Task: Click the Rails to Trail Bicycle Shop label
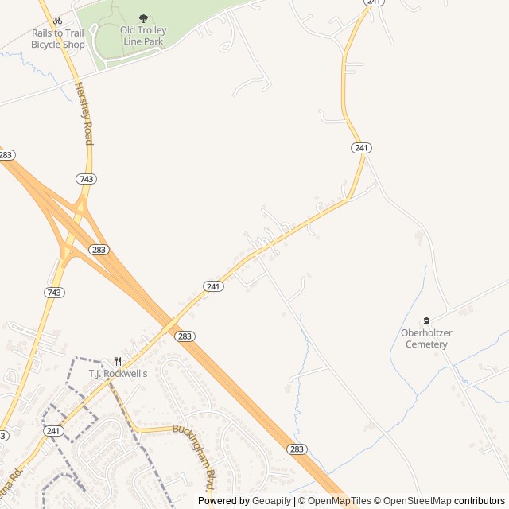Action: (57, 38)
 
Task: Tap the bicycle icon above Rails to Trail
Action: (57, 21)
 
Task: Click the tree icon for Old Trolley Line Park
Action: (143, 18)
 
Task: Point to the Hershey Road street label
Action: (84, 112)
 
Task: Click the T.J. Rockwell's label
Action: (118, 373)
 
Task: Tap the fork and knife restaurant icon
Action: (118, 361)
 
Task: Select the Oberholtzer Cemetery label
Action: (426, 339)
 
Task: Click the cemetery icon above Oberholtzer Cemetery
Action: (426, 321)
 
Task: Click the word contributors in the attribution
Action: (480, 501)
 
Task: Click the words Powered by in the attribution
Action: (223, 501)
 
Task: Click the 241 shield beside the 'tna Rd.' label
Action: (53, 431)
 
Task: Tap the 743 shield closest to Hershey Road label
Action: (86, 179)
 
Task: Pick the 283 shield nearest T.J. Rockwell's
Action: (185, 336)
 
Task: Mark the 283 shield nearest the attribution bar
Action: (296, 449)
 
